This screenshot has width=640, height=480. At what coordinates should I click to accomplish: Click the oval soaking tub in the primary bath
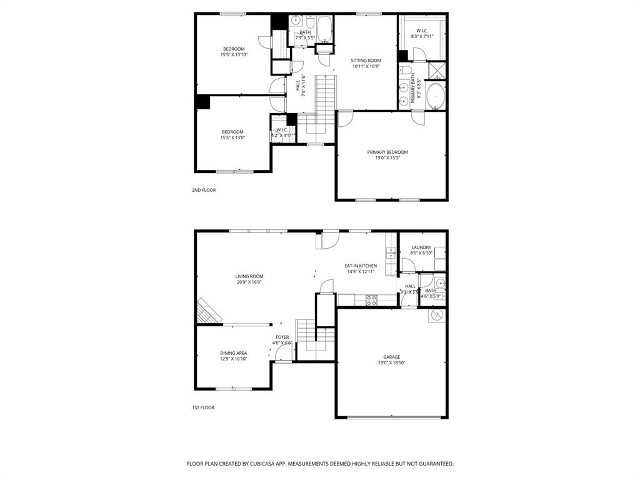(436, 96)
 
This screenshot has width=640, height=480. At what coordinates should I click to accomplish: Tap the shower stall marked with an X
(437, 71)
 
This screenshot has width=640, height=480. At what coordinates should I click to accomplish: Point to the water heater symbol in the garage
(437, 316)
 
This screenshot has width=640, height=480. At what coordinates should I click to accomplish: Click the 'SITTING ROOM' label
(366, 61)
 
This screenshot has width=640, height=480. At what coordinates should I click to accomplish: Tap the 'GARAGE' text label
(392, 357)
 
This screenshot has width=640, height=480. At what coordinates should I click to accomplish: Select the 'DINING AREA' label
(233, 352)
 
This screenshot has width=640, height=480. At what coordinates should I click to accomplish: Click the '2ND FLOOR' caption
(204, 190)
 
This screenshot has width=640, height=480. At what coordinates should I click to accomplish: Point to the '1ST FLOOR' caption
(203, 407)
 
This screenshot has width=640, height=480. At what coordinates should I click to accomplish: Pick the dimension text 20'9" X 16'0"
(249, 282)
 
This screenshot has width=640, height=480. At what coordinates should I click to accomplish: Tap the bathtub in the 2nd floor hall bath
(324, 29)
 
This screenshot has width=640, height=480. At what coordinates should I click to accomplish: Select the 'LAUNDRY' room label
(421, 247)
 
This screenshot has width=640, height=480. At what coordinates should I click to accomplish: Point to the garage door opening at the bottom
(392, 417)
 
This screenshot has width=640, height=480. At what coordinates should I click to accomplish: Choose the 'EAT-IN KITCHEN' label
(361, 266)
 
